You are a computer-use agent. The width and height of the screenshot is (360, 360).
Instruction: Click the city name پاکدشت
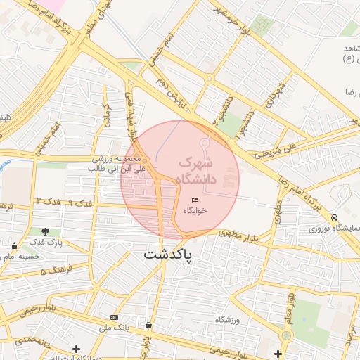click(x=168, y=254)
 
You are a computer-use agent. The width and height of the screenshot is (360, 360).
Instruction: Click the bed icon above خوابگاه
click(x=195, y=201)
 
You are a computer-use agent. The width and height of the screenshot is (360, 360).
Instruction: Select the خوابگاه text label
click(x=195, y=211)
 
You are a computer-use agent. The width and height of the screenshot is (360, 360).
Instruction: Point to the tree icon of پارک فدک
click(x=46, y=231)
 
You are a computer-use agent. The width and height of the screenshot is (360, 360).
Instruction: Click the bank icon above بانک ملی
click(x=115, y=318)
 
